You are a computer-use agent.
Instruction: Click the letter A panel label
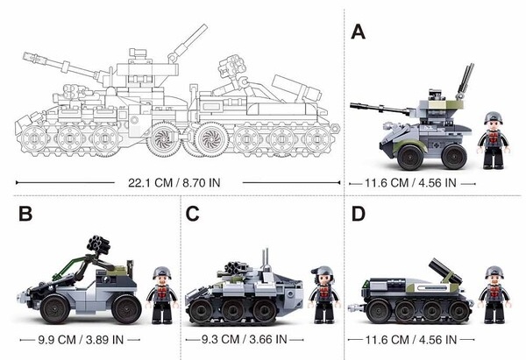(x=358, y=32)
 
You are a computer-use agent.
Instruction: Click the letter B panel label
(x=25, y=214)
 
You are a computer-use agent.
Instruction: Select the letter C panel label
(x=192, y=214)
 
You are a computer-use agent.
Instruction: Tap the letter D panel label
(x=359, y=214)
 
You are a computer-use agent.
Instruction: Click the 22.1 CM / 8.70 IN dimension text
(x=174, y=183)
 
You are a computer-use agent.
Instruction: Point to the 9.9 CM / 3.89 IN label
(x=81, y=340)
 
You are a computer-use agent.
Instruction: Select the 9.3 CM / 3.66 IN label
(x=245, y=339)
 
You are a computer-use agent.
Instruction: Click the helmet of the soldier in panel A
(x=493, y=117)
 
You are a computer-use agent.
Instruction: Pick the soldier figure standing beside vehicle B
(x=162, y=295)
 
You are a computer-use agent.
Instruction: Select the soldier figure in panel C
(x=324, y=295)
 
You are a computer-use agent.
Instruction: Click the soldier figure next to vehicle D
(x=494, y=294)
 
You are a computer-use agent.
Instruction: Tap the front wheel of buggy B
(x=54, y=308)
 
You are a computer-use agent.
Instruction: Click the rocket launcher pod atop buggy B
(x=98, y=244)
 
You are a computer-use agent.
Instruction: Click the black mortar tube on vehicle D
(x=446, y=271)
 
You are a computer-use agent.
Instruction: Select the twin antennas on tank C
(x=266, y=258)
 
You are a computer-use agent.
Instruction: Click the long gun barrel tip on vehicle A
(x=352, y=106)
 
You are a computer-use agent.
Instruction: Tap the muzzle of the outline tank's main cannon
(x=25, y=56)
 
